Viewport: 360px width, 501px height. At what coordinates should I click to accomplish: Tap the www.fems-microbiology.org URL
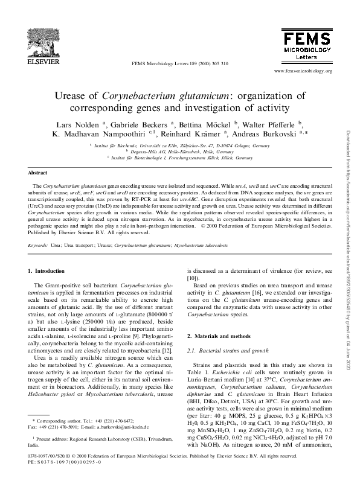tap(303, 71)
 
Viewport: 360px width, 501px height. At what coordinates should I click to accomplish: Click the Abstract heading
tap(38, 172)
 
